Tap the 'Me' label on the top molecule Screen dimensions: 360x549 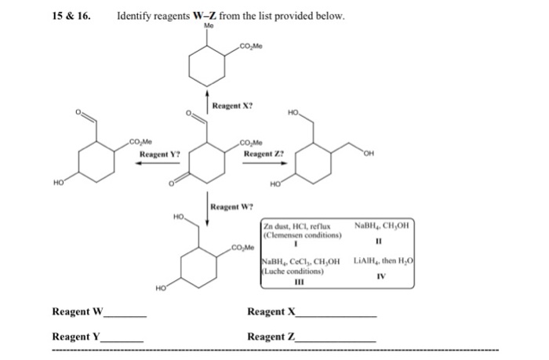tap(208, 26)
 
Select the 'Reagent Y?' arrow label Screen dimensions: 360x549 tap(160, 155)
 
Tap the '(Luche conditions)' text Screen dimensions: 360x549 tap(293, 271)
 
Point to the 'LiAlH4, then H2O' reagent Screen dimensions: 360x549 tap(382, 260)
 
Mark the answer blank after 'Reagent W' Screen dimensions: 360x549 tap(125, 315)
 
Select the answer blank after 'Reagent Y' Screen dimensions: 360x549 tap(123, 340)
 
